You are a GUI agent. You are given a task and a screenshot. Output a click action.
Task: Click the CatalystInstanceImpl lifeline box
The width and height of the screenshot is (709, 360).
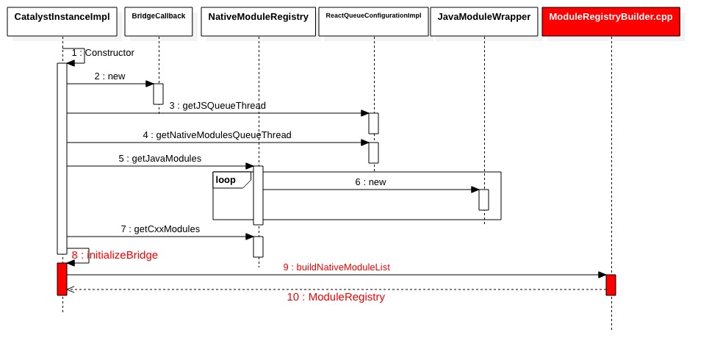[x=62, y=21]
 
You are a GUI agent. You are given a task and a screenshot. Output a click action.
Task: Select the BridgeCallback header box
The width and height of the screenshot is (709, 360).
[x=159, y=21]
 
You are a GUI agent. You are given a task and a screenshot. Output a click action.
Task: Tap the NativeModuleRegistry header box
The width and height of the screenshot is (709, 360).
[x=259, y=21]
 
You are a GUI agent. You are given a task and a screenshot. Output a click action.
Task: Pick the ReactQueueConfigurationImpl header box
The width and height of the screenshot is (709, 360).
[x=373, y=21]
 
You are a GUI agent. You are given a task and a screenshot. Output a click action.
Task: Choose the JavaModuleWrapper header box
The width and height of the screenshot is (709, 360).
[x=484, y=21]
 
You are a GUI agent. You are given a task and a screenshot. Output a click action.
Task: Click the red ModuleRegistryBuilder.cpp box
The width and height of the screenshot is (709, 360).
[x=611, y=21]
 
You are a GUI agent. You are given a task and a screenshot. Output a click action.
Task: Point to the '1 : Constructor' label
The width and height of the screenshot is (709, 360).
[x=103, y=53]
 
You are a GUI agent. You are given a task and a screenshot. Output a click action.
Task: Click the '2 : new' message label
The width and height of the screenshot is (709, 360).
[x=109, y=76]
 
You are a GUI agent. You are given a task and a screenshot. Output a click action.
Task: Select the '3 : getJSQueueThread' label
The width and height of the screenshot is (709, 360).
[x=217, y=106]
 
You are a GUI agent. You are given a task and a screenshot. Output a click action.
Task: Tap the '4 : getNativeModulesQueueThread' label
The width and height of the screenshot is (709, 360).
[x=217, y=135]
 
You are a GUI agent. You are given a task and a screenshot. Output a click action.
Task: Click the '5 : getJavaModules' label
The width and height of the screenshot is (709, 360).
[x=159, y=159]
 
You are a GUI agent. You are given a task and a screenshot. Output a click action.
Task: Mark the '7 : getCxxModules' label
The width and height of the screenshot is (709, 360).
[x=159, y=229]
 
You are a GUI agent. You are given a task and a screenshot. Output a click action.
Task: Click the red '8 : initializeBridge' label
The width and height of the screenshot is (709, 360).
[x=115, y=255]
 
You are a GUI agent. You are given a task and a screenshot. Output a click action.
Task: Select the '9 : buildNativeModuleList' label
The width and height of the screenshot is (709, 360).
[x=336, y=267]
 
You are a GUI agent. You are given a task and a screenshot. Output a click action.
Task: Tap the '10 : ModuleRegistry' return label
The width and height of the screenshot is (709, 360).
[x=336, y=298]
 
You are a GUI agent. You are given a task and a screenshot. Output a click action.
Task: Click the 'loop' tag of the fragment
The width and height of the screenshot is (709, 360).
[x=226, y=180]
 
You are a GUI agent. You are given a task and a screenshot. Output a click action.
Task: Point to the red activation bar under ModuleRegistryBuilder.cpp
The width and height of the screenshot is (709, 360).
[x=611, y=285]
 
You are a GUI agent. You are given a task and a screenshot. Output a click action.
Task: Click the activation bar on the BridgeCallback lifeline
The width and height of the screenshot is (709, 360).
[x=158, y=94]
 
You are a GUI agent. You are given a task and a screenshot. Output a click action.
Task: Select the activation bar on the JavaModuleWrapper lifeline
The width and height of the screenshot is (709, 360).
[x=483, y=200]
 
